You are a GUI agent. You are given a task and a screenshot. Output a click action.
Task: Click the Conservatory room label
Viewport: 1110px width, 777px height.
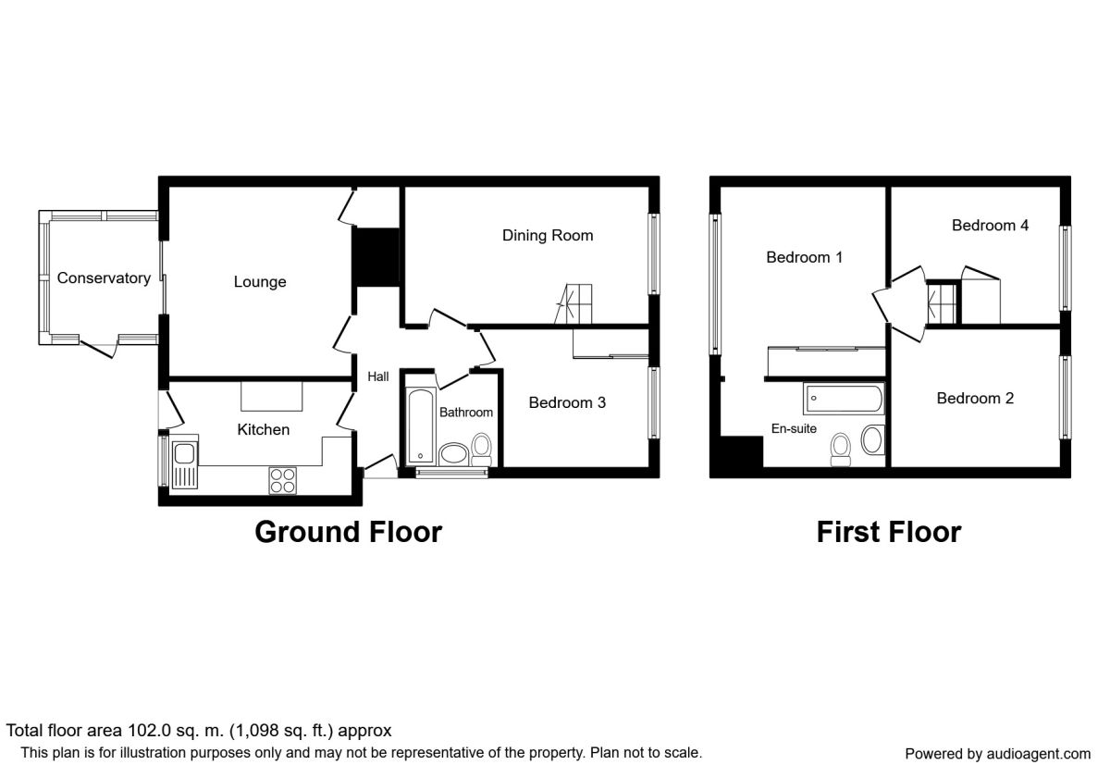click(104, 277)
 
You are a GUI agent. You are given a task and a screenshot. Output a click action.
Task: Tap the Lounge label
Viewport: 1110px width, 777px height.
click(260, 282)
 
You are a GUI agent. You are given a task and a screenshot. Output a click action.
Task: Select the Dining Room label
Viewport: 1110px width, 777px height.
click(548, 235)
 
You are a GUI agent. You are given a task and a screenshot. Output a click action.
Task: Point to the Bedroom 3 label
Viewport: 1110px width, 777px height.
click(567, 402)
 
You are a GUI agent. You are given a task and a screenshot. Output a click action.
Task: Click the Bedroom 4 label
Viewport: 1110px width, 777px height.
click(991, 225)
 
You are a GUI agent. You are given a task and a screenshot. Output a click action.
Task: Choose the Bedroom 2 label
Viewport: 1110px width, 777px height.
click(975, 398)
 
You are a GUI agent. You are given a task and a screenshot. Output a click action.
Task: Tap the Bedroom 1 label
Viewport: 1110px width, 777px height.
click(804, 257)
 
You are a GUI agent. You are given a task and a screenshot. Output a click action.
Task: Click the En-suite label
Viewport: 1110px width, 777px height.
click(794, 428)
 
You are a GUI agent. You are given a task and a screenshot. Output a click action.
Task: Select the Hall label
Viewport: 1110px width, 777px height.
click(378, 376)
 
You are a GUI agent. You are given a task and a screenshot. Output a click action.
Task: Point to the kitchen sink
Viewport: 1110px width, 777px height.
click(184, 454)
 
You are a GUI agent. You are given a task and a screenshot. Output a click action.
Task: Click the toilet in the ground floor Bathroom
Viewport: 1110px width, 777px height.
click(481, 448)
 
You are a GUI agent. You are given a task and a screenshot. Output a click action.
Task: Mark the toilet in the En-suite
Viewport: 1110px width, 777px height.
click(841, 448)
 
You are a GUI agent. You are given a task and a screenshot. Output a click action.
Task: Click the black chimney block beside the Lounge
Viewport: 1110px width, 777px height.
click(376, 258)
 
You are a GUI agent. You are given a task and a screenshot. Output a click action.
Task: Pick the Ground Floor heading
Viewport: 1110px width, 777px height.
click(348, 532)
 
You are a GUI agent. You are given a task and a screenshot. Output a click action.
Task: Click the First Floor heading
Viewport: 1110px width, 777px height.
click(888, 532)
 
